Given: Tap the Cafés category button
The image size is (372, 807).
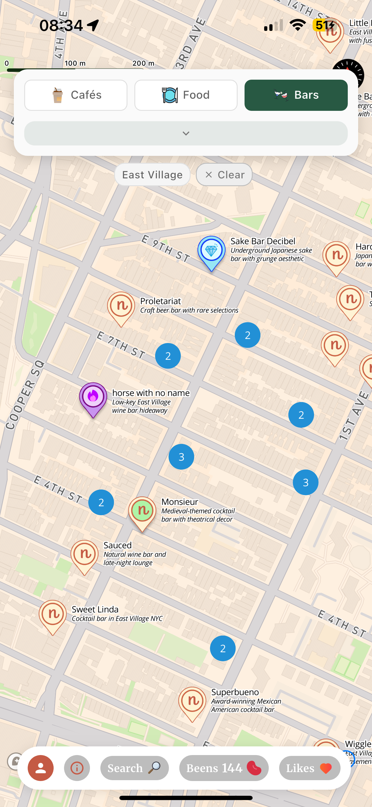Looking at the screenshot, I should click(x=76, y=95).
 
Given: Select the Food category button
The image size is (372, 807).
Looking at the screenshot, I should click(x=186, y=95).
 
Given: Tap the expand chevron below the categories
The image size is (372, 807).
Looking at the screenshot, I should click(x=186, y=133).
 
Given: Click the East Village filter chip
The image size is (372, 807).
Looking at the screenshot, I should click(x=152, y=175).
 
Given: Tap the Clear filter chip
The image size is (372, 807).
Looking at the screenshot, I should click(x=224, y=175).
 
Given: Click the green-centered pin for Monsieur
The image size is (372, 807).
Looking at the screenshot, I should click(x=142, y=511).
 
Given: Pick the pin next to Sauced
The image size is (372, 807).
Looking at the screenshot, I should click(x=84, y=555).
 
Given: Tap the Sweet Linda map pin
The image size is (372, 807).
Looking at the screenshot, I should click(x=52, y=615).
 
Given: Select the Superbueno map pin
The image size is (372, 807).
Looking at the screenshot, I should click(x=192, y=702).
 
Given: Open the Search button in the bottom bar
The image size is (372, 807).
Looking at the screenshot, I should click(x=134, y=768).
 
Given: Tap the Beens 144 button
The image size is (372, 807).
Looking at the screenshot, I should click(x=224, y=768).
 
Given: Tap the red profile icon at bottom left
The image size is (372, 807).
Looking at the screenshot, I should click(x=41, y=768).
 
